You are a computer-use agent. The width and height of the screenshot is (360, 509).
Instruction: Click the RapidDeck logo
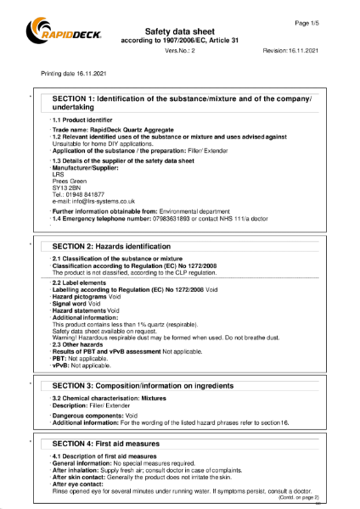click(65, 31)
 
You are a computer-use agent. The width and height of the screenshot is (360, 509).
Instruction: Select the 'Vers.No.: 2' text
click(180, 52)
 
